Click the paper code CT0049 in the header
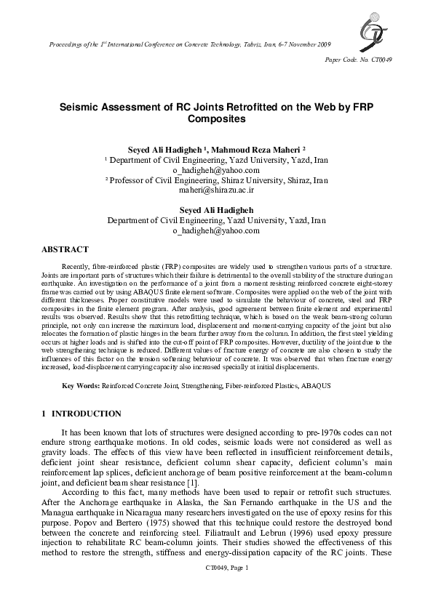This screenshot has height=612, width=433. click(378, 60)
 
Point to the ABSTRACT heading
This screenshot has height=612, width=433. click(65, 249)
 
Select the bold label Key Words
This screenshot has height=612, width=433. click(81, 383)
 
